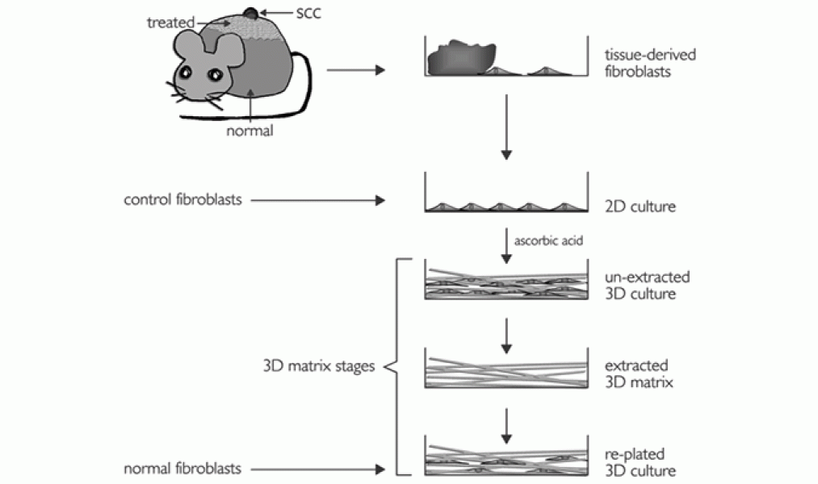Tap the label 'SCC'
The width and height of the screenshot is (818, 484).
298,12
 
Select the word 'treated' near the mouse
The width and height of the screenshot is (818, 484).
167,23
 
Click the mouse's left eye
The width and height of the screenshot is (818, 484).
185,73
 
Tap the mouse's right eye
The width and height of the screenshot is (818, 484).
216,75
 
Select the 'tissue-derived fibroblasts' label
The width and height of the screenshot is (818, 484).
638,62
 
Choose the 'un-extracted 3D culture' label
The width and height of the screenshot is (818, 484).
646,284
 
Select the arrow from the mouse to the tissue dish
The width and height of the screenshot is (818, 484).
355,70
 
